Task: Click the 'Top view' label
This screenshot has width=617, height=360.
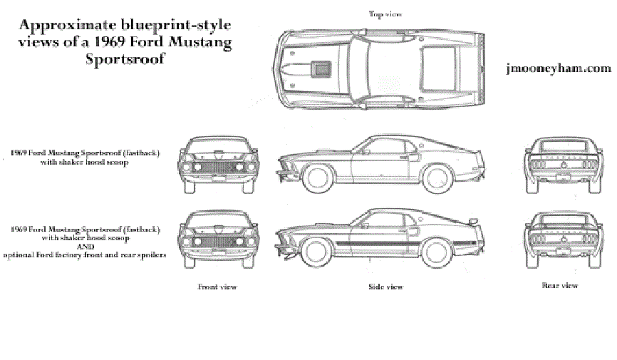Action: coord(385,14)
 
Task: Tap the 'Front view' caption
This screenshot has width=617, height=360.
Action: coord(217,287)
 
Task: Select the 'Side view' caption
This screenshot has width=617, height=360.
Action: coord(385,287)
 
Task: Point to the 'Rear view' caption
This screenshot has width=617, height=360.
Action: coord(560,285)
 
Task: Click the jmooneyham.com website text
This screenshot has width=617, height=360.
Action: coord(557,68)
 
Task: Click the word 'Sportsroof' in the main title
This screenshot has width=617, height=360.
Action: coord(125,59)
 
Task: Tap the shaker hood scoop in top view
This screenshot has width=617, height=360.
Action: coord(322,68)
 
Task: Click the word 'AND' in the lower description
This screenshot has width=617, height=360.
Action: coord(85,247)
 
